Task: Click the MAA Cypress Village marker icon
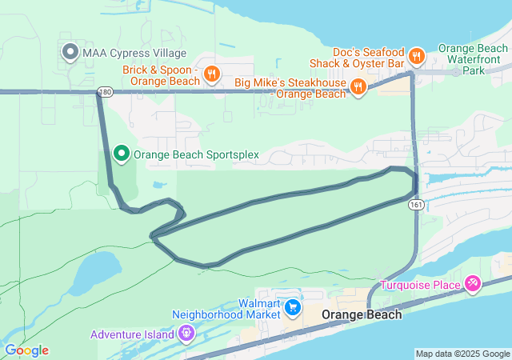coord(70,53)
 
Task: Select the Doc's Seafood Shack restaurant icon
coord(416,56)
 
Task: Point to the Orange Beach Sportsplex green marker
coord(122,153)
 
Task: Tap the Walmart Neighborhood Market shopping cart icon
coord(293,307)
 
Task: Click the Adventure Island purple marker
coord(187,333)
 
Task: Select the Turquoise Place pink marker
coord(473,284)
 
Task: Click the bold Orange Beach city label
coord(362,315)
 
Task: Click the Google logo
coord(26,350)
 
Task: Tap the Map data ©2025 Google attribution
coord(462,354)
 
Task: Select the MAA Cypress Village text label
coord(134,54)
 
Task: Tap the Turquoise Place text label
coord(420,286)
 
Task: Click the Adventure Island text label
coord(132,334)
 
